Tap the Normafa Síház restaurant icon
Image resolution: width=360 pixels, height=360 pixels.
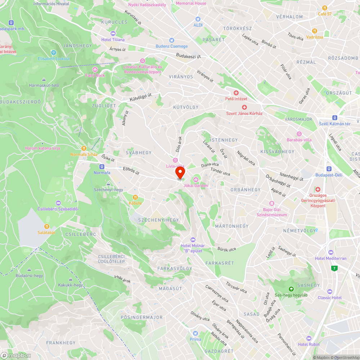click(84, 148)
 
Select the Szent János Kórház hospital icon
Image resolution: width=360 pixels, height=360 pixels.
click(244, 107)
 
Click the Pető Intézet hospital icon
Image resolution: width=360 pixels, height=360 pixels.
click(236, 93)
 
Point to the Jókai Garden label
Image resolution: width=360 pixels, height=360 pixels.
click(195, 185)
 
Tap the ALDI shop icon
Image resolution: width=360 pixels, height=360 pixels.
click(198, 19)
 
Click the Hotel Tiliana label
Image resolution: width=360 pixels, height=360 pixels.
click(113, 40)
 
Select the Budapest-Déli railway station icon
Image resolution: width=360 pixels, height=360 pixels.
click(329, 169)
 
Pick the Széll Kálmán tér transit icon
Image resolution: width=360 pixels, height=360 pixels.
click(335, 118)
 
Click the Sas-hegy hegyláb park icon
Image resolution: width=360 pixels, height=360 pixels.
click(291, 289)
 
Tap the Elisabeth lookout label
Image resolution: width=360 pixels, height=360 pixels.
click(54, 59)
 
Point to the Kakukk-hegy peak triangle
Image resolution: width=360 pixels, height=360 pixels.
click(71, 279)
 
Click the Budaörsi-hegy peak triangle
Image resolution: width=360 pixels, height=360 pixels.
click(29, 270)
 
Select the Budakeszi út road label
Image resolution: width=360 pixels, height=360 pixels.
click(188, 56)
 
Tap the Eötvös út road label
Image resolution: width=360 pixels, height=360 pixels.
click(131, 170)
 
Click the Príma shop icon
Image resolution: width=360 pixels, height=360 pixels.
click(195, 333)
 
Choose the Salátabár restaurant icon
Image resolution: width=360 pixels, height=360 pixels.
click(46, 226)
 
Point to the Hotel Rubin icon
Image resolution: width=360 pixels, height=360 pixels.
click(309, 338)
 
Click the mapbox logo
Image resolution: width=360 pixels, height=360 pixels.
click(16, 355)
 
